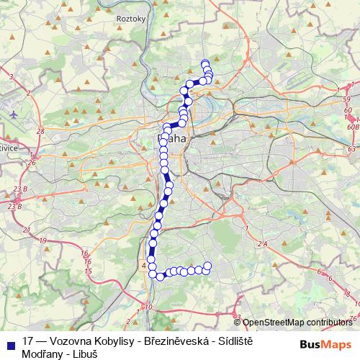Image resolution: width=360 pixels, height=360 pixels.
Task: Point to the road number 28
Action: click(40, 131)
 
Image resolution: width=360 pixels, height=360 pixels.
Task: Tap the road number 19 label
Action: click(43, 240)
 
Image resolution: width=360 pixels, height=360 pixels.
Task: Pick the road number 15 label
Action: click(89, 271)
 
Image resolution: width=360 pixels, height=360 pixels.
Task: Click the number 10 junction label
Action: click(149, 307)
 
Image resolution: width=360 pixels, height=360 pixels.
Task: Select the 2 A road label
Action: click(261, 245)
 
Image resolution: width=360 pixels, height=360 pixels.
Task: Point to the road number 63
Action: click(352, 149)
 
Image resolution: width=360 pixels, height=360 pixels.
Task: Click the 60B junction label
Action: click(352, 126)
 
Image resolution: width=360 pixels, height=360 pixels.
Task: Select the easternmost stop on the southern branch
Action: click(208, 266)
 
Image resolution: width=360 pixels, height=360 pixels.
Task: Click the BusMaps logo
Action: click(326, 344)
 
